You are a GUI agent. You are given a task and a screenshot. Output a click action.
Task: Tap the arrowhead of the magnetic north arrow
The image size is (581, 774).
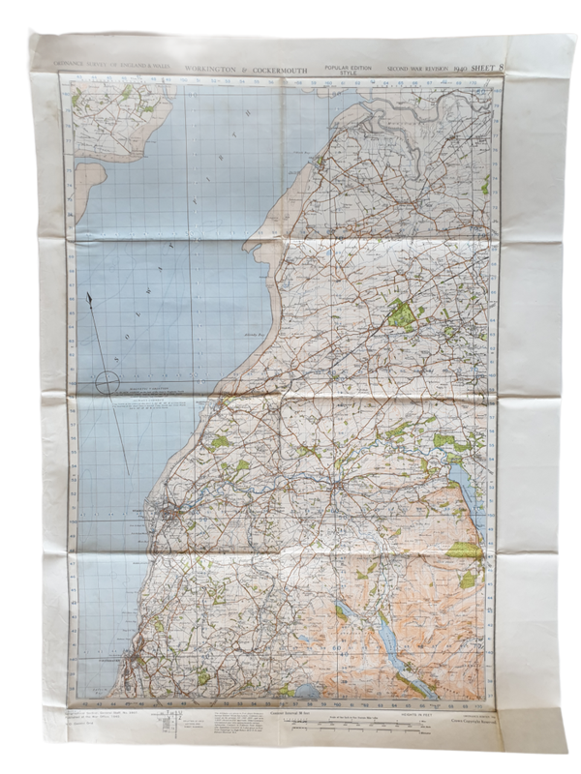pos(89,299)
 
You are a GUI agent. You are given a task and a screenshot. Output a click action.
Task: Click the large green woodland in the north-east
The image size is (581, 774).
pos(401,313)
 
